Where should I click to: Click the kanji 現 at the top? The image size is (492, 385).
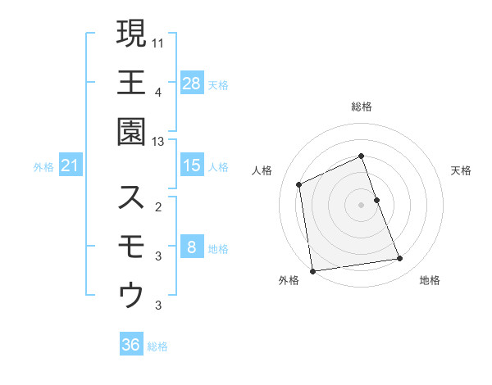[x=131, y=34]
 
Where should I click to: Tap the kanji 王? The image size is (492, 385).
[x=131, y=82]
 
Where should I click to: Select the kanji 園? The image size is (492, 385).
[x=131, y=131]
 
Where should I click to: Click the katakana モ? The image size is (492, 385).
[x=131, y=247]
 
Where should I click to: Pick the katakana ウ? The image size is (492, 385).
[x=131, y=295]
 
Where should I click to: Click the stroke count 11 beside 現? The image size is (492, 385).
[x=158, y=42]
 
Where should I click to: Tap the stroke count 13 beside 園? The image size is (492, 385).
[x=158, y=142]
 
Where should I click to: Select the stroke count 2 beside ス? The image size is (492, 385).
[x=158, y=206]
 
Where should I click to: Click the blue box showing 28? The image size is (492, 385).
[x=191, y=83]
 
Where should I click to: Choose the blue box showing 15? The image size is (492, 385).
[x=191, y=165]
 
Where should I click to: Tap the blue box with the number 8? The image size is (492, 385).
[x=191, y=247]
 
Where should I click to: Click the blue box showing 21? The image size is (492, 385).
[x=71, y=166]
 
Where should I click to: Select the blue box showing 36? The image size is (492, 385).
[x=131, y=345]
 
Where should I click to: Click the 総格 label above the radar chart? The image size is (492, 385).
[x=361, y=106]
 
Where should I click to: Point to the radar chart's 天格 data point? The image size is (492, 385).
[x=376, y=200]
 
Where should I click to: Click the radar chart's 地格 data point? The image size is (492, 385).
[x=400, y=259]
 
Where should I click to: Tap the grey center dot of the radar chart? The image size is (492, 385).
[x=361, y=205]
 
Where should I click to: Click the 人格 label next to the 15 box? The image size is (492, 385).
[x=218, y=166]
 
